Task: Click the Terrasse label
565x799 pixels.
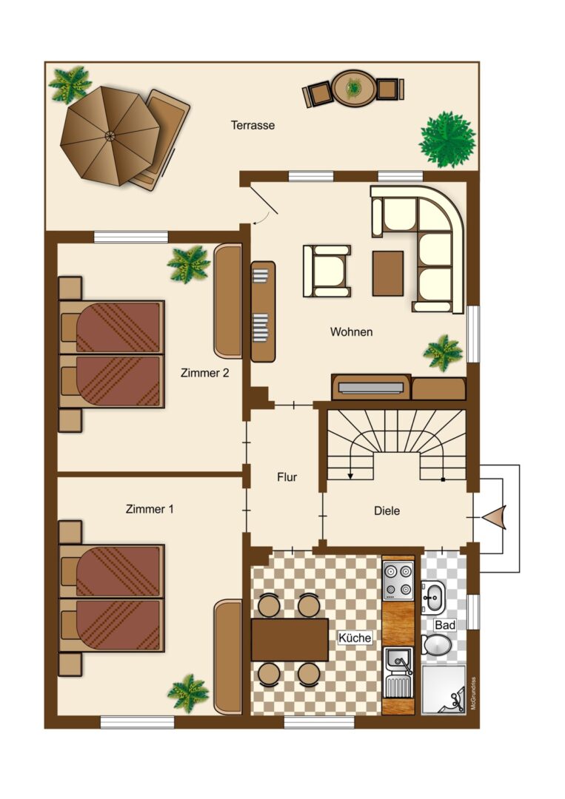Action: click(x=253, y=125)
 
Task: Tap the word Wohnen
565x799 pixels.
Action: click(x=351, y=331)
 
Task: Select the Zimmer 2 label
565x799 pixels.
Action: click(x=204, y=373)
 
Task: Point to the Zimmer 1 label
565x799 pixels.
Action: click(x=150, y=508)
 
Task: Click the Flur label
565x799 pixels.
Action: click(x=287, y=477)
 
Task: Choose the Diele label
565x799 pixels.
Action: click(x=387, y=511)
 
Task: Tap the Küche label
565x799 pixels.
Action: click(x=355, y=638)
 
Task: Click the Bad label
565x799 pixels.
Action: click(x=444, y=624)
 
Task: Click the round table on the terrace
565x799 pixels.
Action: click(x=353, y=88)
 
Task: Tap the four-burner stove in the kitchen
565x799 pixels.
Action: click(x=398, y=581)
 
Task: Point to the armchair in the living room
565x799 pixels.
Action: click(x=327, y=271)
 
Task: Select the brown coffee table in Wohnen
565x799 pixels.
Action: click(x=388, y=274)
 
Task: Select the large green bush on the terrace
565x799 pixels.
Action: click(x=447, y=139)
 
